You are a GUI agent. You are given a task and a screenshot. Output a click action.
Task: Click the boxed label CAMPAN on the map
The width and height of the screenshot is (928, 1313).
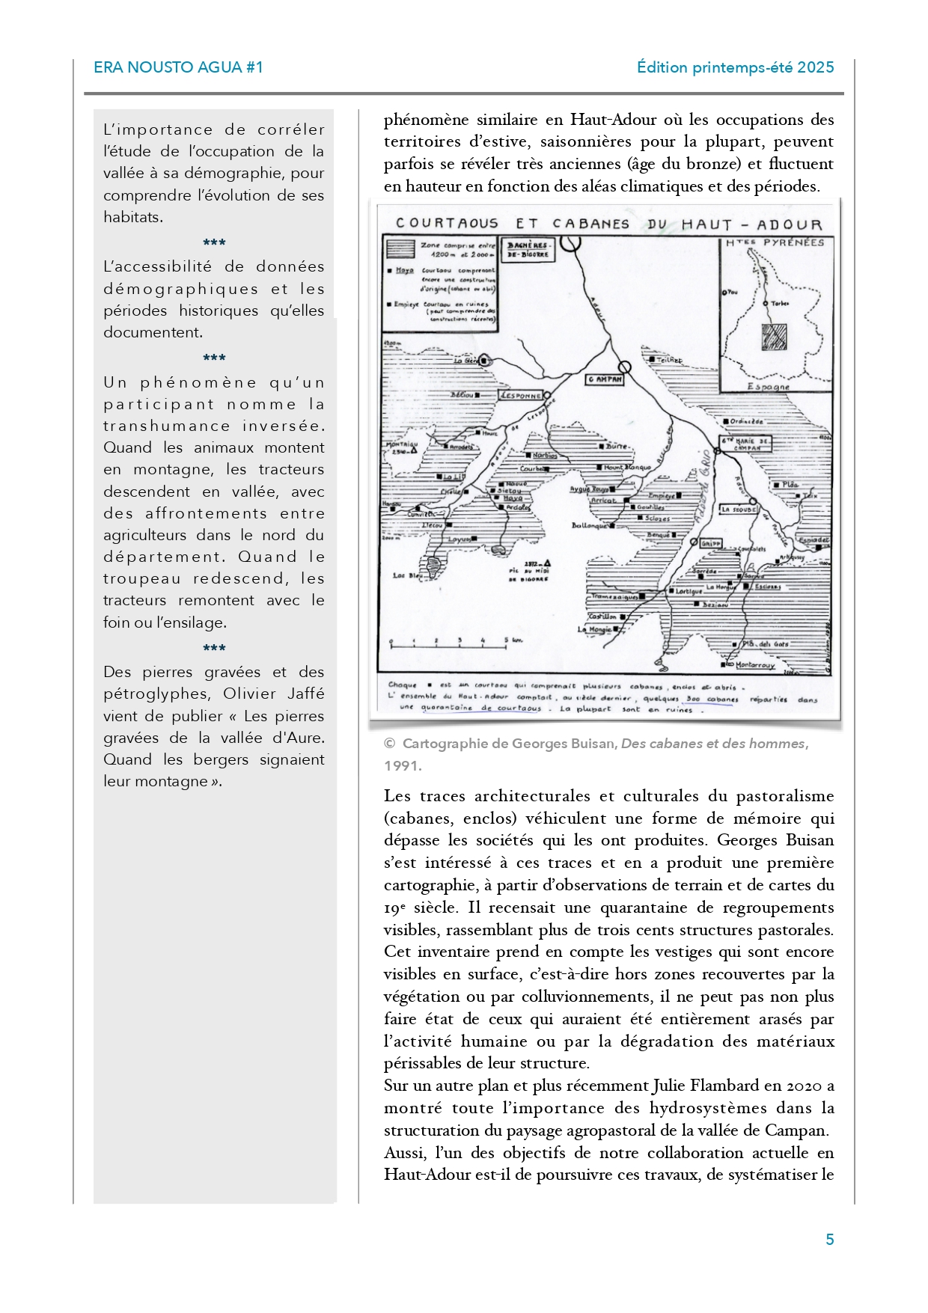(604, 379)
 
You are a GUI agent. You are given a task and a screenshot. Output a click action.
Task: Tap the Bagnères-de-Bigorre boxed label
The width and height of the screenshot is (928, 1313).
(528, 250)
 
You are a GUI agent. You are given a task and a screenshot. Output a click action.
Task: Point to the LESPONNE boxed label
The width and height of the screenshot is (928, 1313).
(521, 395)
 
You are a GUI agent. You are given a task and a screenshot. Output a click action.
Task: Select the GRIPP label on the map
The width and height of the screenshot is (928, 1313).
(711, 544)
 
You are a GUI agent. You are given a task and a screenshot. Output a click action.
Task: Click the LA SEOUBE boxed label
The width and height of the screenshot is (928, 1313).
(739, 509)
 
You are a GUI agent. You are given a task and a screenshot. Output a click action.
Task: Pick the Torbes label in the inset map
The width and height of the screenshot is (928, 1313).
(780, 304)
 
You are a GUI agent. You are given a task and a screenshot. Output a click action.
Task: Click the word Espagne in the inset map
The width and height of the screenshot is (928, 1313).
(768, 387)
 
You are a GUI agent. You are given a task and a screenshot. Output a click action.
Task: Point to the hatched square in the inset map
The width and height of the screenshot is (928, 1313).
(773, 337)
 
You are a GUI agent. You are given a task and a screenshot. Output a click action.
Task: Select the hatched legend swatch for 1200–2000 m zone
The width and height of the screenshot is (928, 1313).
(400, 248)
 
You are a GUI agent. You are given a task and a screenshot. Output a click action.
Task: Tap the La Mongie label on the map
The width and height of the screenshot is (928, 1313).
(594, 630)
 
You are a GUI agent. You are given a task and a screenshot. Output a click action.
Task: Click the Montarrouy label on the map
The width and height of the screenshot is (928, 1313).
(754, 664)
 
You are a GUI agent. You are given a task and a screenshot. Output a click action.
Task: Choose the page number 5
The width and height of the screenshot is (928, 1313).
(829, 1240)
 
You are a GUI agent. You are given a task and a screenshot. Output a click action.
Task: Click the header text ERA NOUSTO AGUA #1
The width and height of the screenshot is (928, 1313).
(178, 67)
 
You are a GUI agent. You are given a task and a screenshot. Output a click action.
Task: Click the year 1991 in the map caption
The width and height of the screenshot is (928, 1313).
(402, 765)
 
